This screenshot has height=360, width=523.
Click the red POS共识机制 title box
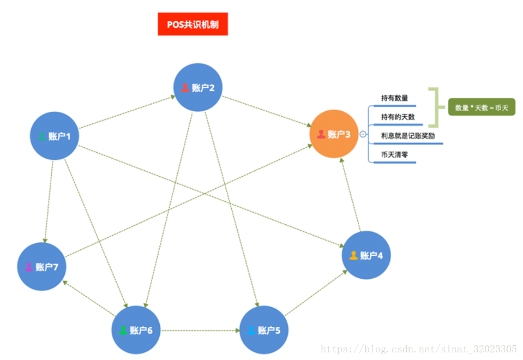click(193, 25)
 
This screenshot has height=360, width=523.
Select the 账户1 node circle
click(55, 136)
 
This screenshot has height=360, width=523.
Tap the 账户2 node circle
click(198, 87)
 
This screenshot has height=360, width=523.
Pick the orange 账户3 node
click(334, 134)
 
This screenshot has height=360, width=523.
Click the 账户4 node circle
click(366, 255)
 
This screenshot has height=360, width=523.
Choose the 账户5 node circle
click(264, 330)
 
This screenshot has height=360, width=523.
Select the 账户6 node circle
click(136, 330)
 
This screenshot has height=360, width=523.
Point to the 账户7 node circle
click(41, 267)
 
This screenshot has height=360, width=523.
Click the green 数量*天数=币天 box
click(482, 107)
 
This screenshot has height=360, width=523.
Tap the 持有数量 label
click(394, 99)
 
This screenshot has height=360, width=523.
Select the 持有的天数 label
click(398, 117)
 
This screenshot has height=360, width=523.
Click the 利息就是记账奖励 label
click(408, 136)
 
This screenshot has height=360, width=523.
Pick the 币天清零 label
click(394, 155)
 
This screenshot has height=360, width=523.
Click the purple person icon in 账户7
click(29, 267)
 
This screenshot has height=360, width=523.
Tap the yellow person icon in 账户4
click(353, 255)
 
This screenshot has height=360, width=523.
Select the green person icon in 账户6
click(123, 330)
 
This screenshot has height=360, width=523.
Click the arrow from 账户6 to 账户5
click(200, 330)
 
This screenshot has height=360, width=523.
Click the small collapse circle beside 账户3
click(363, 134)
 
